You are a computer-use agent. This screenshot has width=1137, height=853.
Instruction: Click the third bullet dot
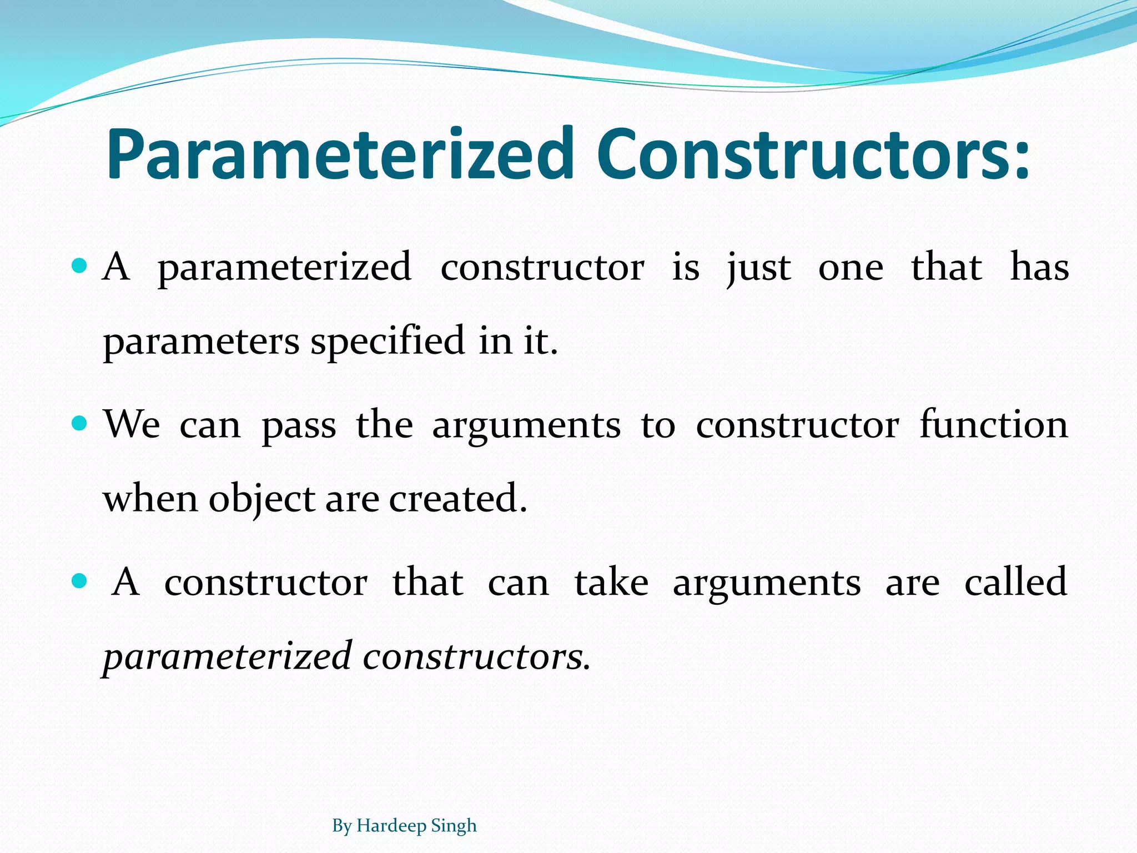pyautogui.click(x=80, y=581)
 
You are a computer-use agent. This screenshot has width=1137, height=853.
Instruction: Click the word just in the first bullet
pyautogui.click(x=759, y=268)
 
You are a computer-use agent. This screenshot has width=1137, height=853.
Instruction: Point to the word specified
pyautogui.click(x=387, y=342)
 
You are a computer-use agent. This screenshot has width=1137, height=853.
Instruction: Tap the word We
pyautogui.click(x=132, y=425)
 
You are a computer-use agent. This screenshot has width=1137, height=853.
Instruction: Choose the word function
pyautogui.click(x=993, y=425)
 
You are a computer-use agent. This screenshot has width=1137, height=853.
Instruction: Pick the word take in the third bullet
pyautogui.click(x=611, y=583)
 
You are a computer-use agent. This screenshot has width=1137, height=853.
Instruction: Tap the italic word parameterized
pyautogui.click(x=228, y=656)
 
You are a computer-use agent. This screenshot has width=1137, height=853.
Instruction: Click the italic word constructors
pyautogui.click(x=476, y=656)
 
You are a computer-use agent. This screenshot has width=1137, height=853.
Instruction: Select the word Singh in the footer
pyautogui.click(x=454, y=826)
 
